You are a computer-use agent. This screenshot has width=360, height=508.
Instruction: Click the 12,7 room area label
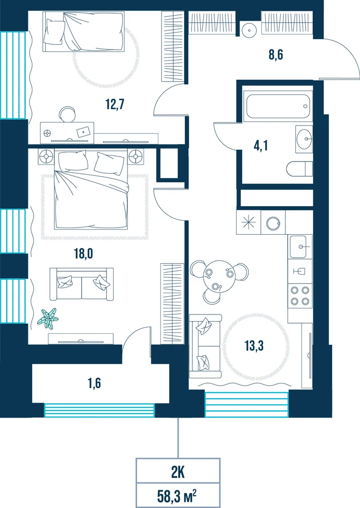pyautogui.click(x=115, y=104)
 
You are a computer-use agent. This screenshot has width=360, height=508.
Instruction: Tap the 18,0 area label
pyautogui.click(x=83, y=253)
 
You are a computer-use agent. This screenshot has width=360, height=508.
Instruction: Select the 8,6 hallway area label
pyautogui.click(x=276, y=54)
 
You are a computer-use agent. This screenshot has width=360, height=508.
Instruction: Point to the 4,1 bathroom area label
pyautogui.click(x=260, y=146)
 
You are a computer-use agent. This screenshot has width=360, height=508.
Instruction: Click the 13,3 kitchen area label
pyautogui.click(x=254, y=345)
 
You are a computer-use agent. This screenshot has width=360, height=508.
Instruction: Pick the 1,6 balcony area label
pyautogui.click(x=94, y=383)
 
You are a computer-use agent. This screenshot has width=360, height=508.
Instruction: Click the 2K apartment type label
pyautogui.click(x=178, y=472)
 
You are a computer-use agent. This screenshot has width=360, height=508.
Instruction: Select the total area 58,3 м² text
pyautogui.click(x=177, y=496)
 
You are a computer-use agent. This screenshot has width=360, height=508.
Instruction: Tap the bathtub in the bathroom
pyautogui.click(x=278, y=106)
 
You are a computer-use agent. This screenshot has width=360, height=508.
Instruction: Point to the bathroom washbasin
pyautogui.click(x=304, y=139)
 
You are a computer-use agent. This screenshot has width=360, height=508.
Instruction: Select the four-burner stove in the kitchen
pyautogui.click(x=300, y=296)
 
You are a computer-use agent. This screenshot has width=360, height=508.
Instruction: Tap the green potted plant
pyautogui.click(x=48, y=317)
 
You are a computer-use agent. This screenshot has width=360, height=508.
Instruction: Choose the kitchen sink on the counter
pyautogui.click(x=300, y=246)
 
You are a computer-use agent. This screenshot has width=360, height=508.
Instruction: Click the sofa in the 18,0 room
pyautogui.click(x=82, y=284)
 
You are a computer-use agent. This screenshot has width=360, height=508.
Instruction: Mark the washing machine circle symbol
pyautogui.click(x=273, y=223)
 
